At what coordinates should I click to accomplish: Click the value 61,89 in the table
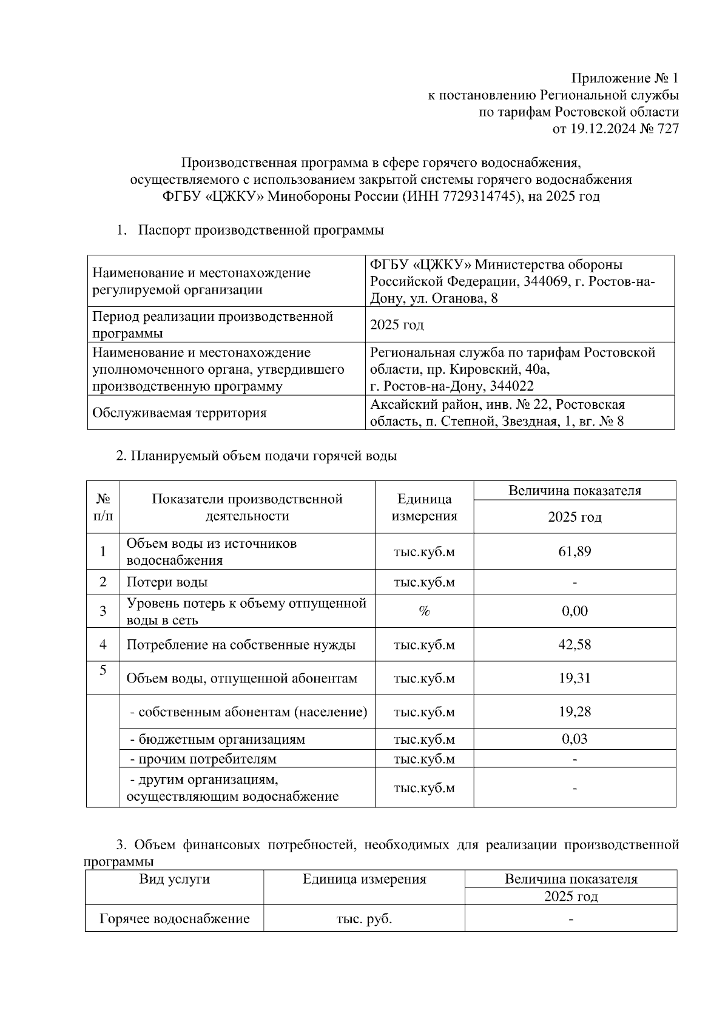tap(574, 551)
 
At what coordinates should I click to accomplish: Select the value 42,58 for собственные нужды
tap(574, 644)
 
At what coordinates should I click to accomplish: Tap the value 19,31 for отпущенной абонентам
tap(574, 678)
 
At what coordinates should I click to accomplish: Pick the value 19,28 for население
tap(574, 712)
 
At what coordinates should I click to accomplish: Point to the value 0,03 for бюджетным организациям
tap(574, 739)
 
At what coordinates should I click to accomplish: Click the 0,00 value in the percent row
tap(574, 611)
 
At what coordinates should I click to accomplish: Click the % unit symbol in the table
tap(424, 611)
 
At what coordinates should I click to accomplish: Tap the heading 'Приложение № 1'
tap(625, 78)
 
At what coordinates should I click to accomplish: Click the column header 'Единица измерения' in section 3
tap(364, 879)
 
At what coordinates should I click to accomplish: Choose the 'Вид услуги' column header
tap(175, 879)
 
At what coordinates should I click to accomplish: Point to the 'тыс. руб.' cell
tap(364, 919)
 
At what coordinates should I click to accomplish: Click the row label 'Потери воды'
tap(167, 582)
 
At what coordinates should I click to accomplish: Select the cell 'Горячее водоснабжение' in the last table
tap(175, 919)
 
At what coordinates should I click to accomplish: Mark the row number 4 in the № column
tap(103, 644)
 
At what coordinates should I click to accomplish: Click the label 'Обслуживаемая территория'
tap(179, 413)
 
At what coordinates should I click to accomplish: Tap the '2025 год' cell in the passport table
tap(397, 325)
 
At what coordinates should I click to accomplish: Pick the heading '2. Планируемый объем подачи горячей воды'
tap(256, 456)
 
